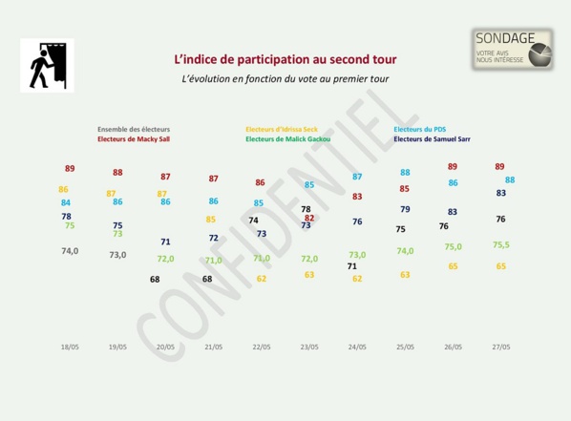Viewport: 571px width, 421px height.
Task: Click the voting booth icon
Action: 47,65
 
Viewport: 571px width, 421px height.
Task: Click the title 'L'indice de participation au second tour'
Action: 285,59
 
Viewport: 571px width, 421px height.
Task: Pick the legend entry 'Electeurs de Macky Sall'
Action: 135,138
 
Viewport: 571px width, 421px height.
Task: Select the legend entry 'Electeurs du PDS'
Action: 419,129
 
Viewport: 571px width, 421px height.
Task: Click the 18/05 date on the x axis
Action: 71,347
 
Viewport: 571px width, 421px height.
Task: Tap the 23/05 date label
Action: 309,347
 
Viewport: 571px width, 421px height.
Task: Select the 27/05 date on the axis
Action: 500,347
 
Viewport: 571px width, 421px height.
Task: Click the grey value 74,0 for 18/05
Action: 70,251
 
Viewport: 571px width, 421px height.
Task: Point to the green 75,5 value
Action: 500,244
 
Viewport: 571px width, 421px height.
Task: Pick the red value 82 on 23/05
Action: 308,218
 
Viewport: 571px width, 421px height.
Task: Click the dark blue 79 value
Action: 405,209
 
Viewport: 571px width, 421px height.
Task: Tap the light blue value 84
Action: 66,202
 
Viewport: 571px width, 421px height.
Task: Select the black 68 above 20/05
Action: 155,279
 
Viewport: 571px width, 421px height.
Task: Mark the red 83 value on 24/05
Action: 357,197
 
